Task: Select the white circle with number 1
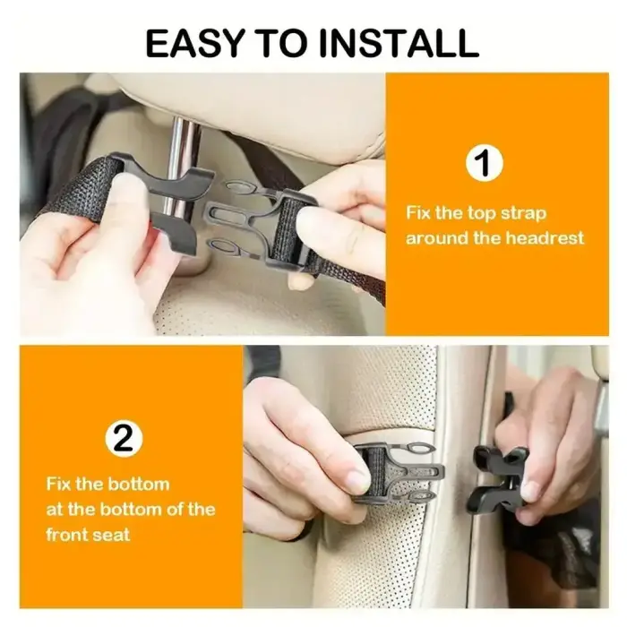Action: pyautogui.click(x=483, y=164)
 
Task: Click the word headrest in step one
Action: pyautogui.click(x=545, y=238)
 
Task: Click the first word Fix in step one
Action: pyautogui.click(x=424, y=213)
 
